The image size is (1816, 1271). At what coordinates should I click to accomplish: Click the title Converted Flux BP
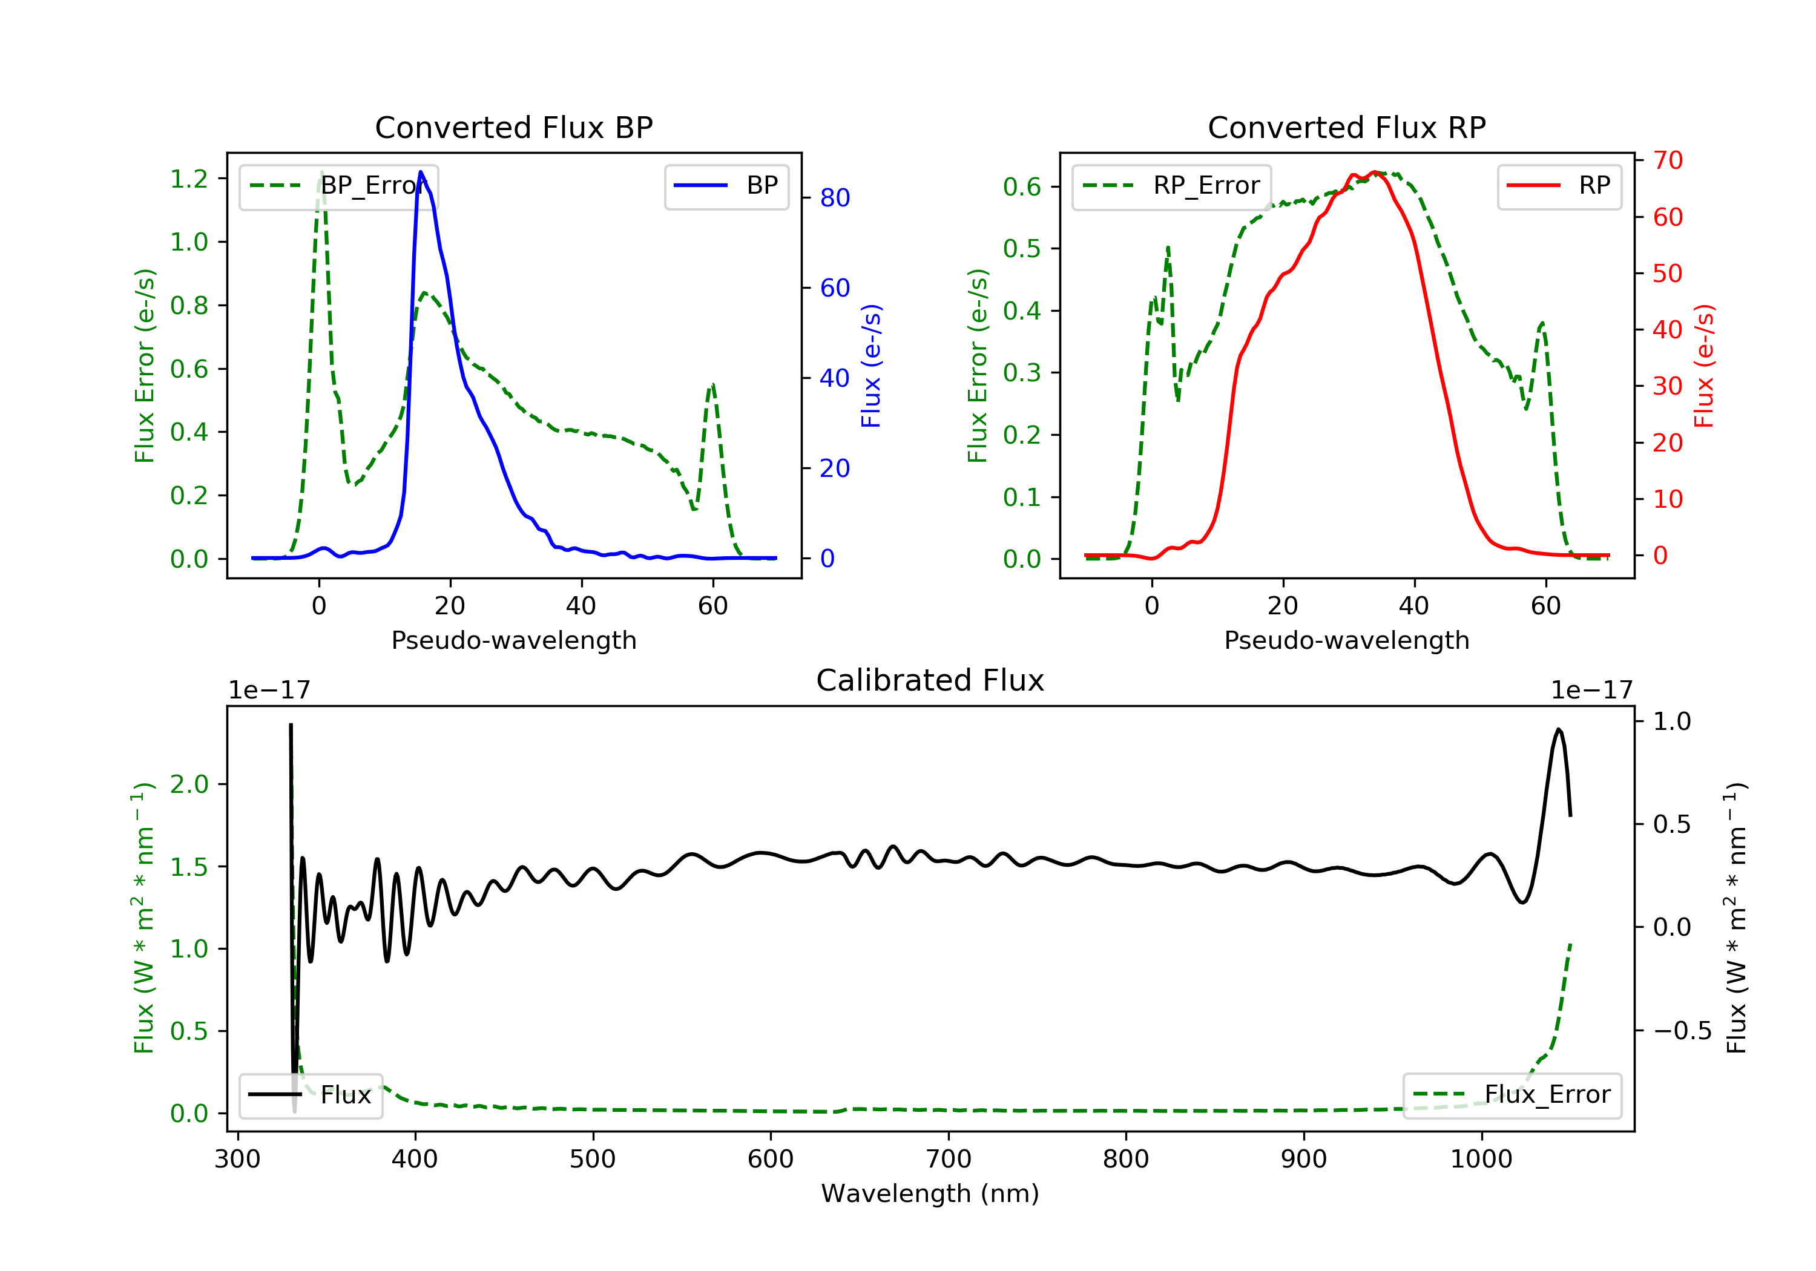click(513, 127)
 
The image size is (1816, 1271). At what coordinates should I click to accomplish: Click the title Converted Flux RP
click(1346, 127)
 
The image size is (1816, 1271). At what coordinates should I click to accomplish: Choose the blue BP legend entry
click(726, 186)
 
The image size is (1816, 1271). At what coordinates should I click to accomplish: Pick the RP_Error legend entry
click(1171, 186)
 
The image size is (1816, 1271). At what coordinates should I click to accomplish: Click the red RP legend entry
click(1559, 186)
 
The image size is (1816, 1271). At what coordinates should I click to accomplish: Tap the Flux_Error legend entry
click(1512, 1095)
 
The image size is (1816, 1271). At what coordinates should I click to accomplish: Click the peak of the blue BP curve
click(421, 172)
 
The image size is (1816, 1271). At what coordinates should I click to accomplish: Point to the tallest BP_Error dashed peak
click(321, 172)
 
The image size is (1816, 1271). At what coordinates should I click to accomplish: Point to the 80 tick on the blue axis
click(834, 198)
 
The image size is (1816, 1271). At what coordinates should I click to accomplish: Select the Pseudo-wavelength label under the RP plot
click(1346, 640)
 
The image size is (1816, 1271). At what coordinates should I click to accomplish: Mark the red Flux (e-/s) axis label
click(1703, 366)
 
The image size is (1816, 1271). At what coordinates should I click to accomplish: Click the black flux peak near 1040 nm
click(1558, 729)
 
